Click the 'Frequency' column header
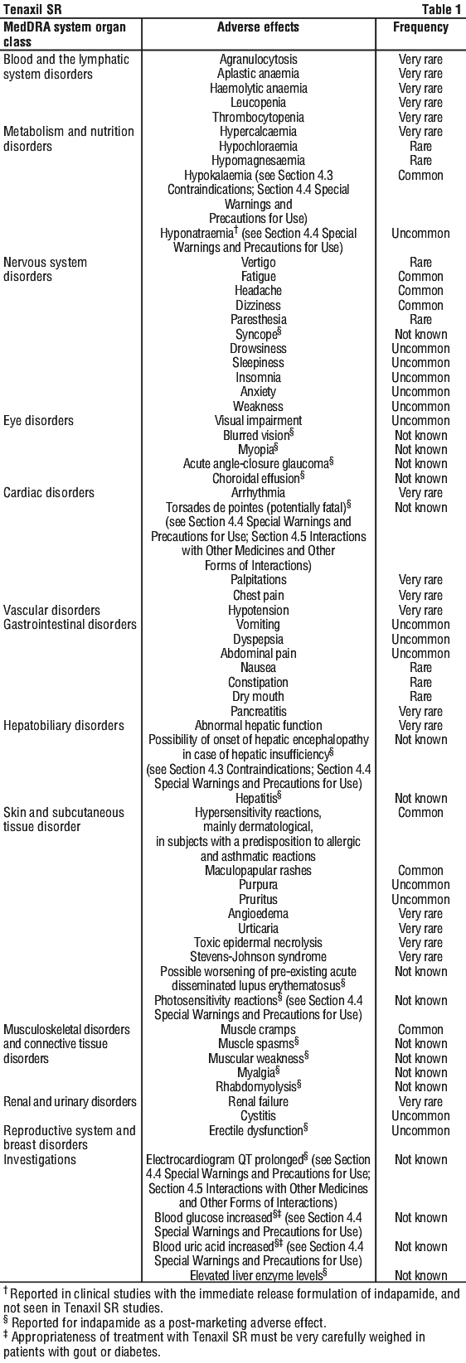(x=420, y=27)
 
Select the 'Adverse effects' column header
(x=258, y=27)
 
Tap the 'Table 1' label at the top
(x=441, y=9)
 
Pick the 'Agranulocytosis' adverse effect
(x=258, y=60)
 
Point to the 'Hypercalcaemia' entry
(x=258, y=132)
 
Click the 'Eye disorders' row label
(x=38, y=421)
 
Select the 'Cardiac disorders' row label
(x=49, y=493)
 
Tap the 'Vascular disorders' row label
(x=51, y=611)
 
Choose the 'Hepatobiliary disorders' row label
(x=63, y=726)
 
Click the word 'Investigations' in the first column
(x=40, y=1160)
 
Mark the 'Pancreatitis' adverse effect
(x=258, y=711)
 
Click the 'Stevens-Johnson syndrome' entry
(x=258, y=957)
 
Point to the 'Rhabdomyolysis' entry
(x=258, y=1087)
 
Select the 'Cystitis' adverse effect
(x=258, y=1116)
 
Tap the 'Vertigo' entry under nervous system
(x=258, y=263)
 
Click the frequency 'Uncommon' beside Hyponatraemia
(x=420, y=234)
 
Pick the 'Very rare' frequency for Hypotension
(x=420, y=611)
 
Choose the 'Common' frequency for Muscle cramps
(x=420, y=1030)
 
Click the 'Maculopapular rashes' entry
(x=258, y=871)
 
